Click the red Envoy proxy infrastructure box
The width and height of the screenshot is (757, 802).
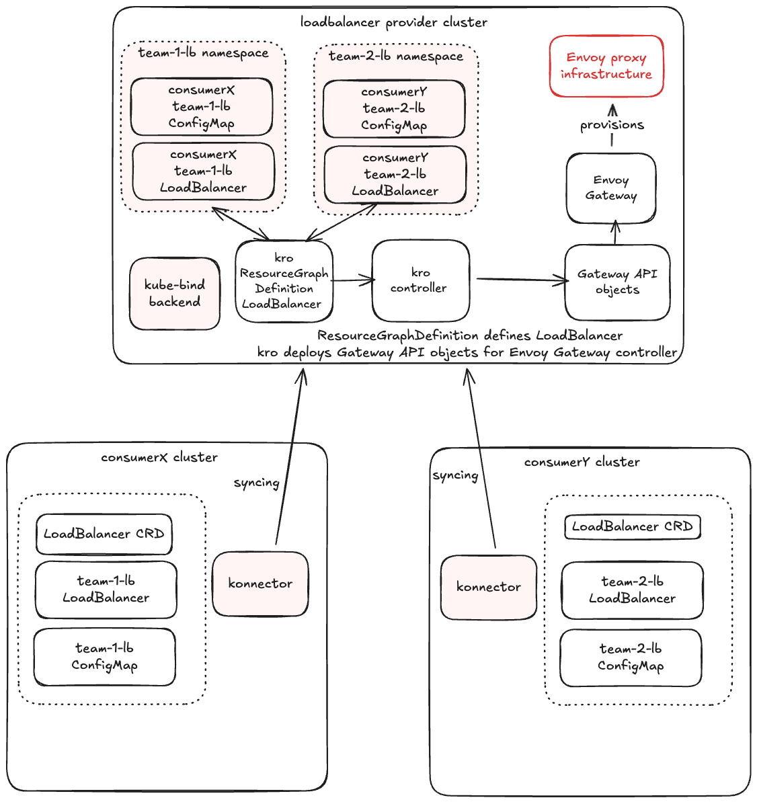(606, 67)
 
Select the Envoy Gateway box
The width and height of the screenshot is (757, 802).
(610, 188)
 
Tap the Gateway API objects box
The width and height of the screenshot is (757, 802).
(617, 282)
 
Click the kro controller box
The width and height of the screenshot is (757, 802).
(420, 281)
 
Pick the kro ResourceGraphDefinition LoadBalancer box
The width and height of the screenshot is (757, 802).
(284, 281)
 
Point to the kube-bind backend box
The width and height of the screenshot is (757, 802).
(175, 294)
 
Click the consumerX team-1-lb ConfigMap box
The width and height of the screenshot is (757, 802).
(202, 107)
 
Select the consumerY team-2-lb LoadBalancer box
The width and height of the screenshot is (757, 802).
(395, 175)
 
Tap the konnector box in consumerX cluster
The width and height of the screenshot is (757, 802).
(260, 584)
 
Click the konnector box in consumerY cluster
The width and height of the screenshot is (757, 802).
(489, 587)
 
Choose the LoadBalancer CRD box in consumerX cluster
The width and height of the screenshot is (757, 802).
(104, 534)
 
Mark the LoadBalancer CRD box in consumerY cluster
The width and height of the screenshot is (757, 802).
(633, 526)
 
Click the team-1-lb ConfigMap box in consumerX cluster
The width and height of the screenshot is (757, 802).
(105, 657)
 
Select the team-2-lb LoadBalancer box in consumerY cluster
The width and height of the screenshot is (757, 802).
(632, 590)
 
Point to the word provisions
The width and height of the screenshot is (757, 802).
(612, 125)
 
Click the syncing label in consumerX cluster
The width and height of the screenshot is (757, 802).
(256, 483)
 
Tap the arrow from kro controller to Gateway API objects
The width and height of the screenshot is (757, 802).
(521, 280)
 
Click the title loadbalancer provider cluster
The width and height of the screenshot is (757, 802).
(394, 22)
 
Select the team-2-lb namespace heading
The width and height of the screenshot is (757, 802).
(396, 56)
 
